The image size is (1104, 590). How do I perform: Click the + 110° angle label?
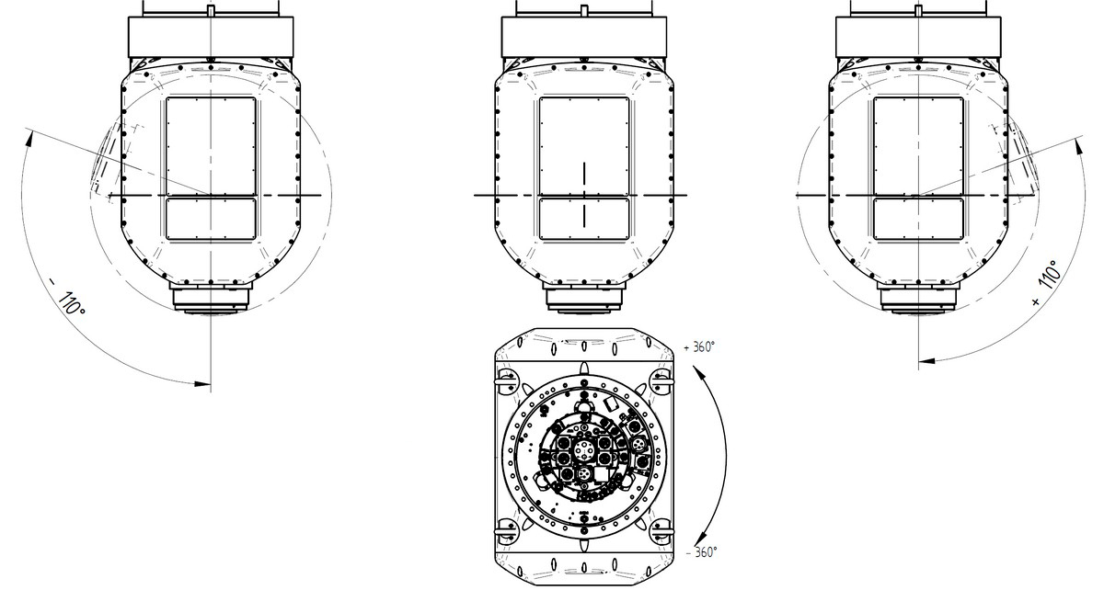click(1046, 283)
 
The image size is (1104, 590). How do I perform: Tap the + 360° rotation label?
click(699, 346)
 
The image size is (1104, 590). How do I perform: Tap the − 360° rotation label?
click(702, 552)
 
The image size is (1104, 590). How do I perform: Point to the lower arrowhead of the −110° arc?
click(202, 383)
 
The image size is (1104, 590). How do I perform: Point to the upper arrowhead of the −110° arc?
click(29, 139)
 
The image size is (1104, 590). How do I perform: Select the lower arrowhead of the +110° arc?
click(927, 361)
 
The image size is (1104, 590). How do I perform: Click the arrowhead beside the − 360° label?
click(701, 538)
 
